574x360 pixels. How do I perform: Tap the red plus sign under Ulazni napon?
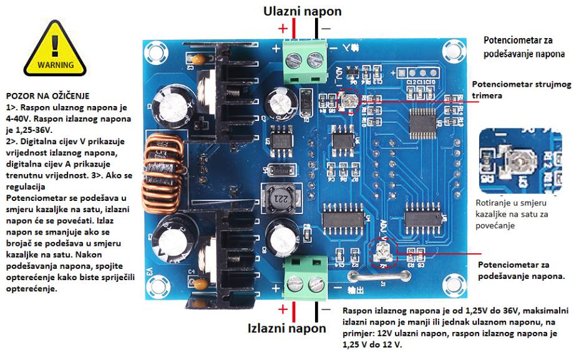(x=283, y=28)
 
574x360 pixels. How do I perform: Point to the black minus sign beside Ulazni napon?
(x=325, y=28)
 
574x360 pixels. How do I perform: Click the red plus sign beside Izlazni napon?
(x=283, y=309)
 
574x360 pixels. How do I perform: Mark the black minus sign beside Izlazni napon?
(x=325, y=308)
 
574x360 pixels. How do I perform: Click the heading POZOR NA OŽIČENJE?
(x=48, y=97)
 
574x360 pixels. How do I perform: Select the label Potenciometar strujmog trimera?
(x=516, y=89)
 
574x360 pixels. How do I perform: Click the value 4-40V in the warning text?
(x=17, y=118)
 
